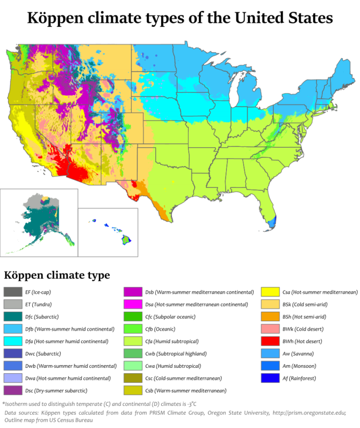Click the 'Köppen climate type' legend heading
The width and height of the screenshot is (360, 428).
click(x=57, y=275)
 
